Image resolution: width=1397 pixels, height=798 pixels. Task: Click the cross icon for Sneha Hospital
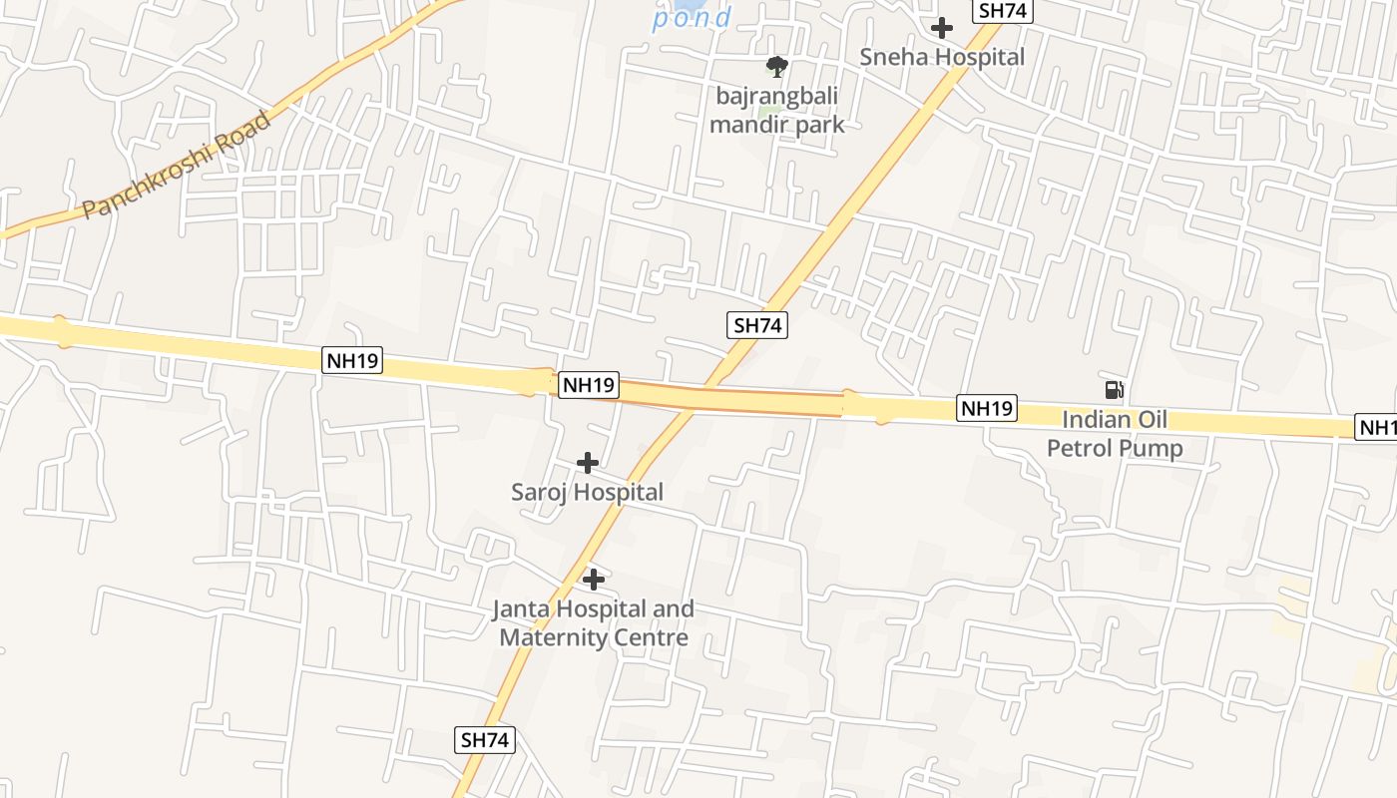pyautogui.click(x=941, y=28)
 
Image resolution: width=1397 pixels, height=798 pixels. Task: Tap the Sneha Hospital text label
pyautogui.click(x=942, y=57)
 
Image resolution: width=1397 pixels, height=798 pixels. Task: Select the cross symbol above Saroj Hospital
pyautogui.click(x=588, y=463)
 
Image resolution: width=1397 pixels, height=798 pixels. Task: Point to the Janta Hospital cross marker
pyautogui.click(x=594, y=580)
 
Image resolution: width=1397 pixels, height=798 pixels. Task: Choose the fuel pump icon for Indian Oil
pyautogui.click(x=1114, y=390)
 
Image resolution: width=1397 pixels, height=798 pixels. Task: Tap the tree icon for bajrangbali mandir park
pyautogui.click(x=776, y=67)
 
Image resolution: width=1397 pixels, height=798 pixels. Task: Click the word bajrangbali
pyautogui.click(x=776, y=96)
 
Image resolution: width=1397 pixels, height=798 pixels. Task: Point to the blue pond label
pyautogui.click(x=693, y=18)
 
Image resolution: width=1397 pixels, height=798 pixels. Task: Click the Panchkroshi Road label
pyautogui.click(x=177, y=166)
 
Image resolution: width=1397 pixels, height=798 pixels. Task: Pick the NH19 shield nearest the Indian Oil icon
pyautogui.click(x=987, y=408)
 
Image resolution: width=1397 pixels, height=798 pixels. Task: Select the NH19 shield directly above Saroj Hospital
pyautogui.click(x=589, y=385)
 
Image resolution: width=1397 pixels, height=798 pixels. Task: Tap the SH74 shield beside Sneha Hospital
pyautogui.click(x=1002, y=11)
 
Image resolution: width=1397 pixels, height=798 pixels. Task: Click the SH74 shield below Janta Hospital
pyautogui.click(x=486, y=740)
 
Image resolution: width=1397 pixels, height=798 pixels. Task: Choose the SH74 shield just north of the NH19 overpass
pyautogui.click(x=757, y=325)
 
